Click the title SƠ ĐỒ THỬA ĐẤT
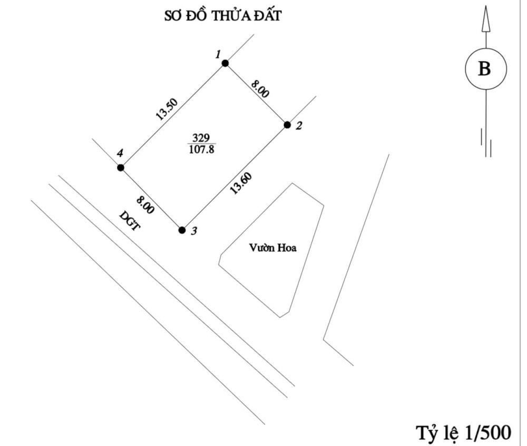pos(222,15)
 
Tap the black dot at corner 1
pos(225,63)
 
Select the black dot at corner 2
pos(287,125)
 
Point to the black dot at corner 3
pos(182,230)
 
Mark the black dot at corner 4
pos(120,167)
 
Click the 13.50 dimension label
pos(167,109)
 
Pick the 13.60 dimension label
pos(241,183)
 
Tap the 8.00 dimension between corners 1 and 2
pos(260,88)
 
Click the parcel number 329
pos(201,138)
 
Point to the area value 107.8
pos(202,149)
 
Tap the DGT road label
pos(130,221)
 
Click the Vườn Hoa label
pos(273,248)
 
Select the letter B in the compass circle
pos(484,68)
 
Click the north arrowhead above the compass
pos(485,19)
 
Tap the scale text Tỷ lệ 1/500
pos(464,432)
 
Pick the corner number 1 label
pos(219,54)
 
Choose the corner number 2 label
pos(299,126)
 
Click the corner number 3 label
pos(193,231)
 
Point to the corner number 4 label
pos(120,153)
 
